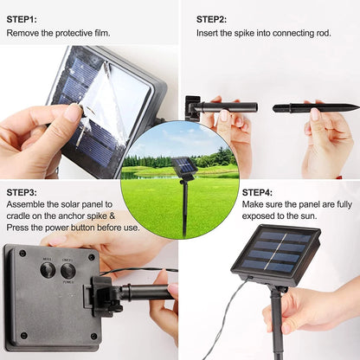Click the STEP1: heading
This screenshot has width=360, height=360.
[x=22, y=20]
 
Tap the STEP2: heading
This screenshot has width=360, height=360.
[x=211, y=20]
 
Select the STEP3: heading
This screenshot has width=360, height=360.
[x=22, y=192]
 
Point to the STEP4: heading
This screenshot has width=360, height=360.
[x=257, y=192]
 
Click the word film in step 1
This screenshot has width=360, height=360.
[x=102, y=33]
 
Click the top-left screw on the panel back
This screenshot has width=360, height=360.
[x=22, y=254]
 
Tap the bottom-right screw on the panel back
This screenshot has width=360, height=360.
[x=93, y=337]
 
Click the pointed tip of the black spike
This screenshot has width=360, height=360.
[x=358, y=107]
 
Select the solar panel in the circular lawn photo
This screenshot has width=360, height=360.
[x=184, y=165]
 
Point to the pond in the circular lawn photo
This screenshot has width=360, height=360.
[x=136, y=175]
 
